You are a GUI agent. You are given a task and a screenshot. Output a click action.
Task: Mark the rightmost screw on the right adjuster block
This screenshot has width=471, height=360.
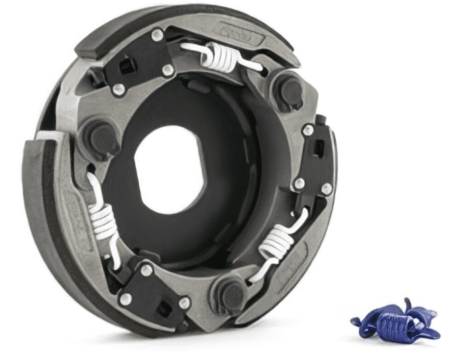[x=326, y=189]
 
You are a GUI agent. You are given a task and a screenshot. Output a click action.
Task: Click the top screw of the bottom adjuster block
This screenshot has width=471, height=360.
[x=146, y=269]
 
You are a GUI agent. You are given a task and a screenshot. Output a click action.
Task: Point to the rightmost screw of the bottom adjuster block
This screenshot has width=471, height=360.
[x=185, y=303]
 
